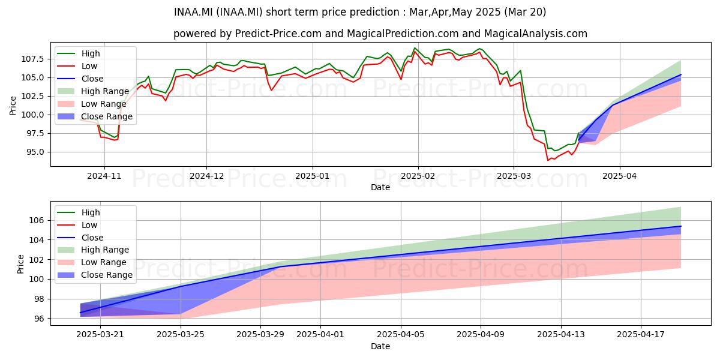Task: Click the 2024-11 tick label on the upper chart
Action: [x=104, y=176]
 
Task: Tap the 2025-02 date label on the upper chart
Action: [x=418, y=176]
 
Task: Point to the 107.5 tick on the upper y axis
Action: [x=33, y=59]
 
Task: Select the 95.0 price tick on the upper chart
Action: [x=35, y=152]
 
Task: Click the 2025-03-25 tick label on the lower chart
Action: [x=181, y=335]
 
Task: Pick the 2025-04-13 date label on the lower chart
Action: [x=561, y=335]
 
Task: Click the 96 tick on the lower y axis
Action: [x=40, y=319]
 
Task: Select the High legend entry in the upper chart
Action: [x=79, y=53]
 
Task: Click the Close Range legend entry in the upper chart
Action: [x=95, y=116]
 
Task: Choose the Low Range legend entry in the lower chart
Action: [x=92, y=262]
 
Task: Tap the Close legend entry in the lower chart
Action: [x=80, y=238]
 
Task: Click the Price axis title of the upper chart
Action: [x=13, y=106]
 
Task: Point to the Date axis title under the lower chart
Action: [x=380, y=347]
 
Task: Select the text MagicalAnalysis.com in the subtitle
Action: [x=535, y=34]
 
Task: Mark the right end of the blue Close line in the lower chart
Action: [x=681, y=226]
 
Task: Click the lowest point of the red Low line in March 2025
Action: [x=548, y=160]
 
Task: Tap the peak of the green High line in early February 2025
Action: [x=415, y=48]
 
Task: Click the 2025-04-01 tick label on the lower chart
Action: [x=320, y=335]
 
